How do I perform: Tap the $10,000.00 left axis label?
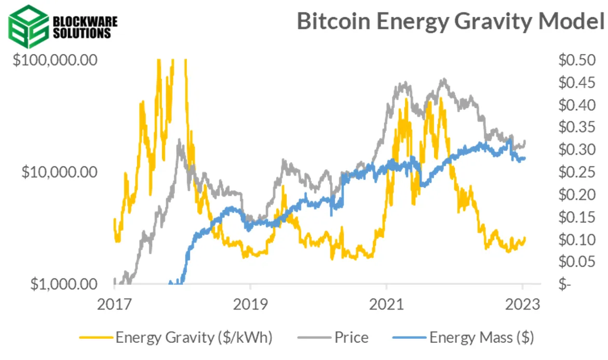[60, 172]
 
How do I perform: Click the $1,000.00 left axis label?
[64, 284]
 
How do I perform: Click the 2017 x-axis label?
[114, 305]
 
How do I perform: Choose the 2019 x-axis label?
[250, 305]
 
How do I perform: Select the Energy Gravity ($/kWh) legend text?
[194, 338]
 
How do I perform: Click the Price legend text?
[352, 338]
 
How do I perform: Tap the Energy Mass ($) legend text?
[481, 338]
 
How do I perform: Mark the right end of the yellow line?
[525, 238]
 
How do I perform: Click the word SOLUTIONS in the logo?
[82, 33]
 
